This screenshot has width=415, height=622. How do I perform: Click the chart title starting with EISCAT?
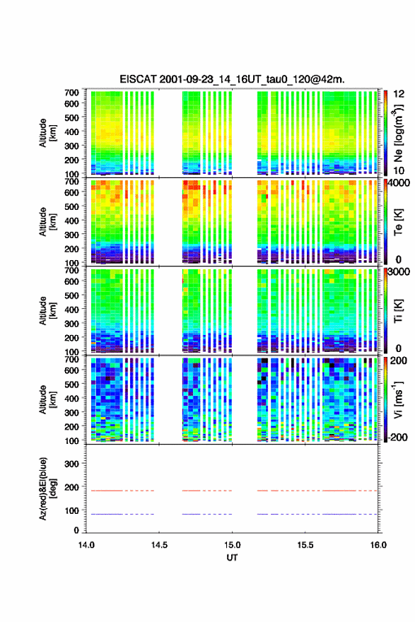pos(232,79)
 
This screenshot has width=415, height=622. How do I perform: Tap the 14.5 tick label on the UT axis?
pos(159,545)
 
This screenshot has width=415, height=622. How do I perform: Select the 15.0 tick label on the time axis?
pos(232,545)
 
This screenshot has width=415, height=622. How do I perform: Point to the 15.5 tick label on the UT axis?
pos(305,545)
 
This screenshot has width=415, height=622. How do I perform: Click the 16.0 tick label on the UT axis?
pos(378,545)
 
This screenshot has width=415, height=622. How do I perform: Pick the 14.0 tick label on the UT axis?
pos(86,545)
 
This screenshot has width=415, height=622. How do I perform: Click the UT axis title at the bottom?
pos(232,558)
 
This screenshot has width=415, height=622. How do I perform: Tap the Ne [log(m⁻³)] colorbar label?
pos(398,134)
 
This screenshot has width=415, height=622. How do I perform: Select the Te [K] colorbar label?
pos(398,223)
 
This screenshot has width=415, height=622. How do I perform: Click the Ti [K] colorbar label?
pos(398,311)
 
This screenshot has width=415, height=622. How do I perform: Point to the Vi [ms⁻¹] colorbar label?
pos(398,400)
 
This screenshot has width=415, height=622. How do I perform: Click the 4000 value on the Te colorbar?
pos(398,183)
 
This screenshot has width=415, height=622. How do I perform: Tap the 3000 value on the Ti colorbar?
pos(399,271)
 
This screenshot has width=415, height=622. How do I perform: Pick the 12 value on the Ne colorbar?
pos(399,94)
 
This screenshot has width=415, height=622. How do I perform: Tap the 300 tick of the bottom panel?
pos(71,464)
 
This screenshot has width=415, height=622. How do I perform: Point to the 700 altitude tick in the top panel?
pos(71,93)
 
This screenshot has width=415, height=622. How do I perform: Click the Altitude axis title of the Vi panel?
pos(47,400)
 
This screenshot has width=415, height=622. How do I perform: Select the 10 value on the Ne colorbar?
pos(399,170)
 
